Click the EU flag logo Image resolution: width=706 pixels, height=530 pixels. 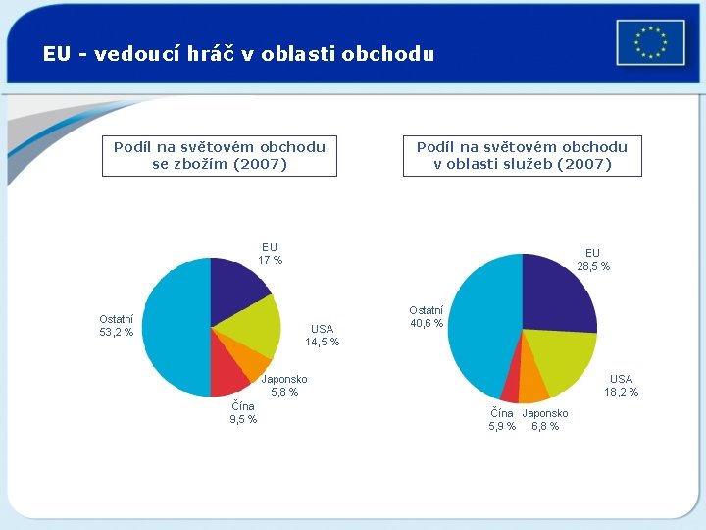(x=650, y=43)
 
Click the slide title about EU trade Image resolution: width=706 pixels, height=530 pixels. (x=238, y=54)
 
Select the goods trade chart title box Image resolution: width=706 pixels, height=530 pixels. (x=220, y=156)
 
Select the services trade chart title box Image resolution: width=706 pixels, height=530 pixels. (x=522, y=156)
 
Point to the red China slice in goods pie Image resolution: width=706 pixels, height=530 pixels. (x=228, y=375)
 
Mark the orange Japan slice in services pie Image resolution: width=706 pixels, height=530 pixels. (x=533, y=386)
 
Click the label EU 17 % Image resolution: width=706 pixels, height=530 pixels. (x=270, y=254)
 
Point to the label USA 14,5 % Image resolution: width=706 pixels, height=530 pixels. (x=322, y=336)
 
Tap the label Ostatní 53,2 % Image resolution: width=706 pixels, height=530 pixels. (x=117, y=326)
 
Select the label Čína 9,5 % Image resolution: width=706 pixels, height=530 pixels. (x=243, y=413)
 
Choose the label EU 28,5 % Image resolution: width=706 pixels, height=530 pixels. (x=592, y=260)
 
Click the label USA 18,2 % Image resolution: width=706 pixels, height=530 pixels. (x=621, y=386)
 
